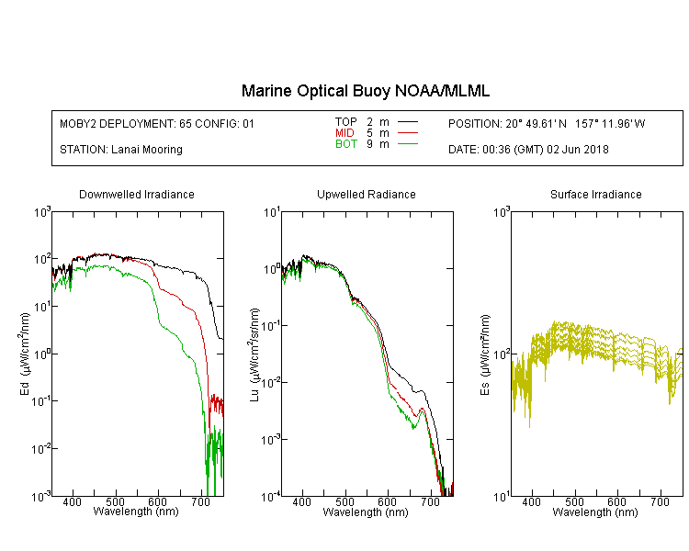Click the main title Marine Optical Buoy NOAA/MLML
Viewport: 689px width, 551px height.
pos(366,91)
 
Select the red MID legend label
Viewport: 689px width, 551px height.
pos(345,133)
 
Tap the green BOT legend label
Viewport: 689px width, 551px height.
pos(345,144)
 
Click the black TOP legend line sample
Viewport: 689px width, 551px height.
pos(407,122)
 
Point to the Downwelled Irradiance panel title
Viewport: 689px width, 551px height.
pos(136,195)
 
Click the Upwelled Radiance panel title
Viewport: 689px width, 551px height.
pos(366,195)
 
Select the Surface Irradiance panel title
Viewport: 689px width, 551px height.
pos(595,195)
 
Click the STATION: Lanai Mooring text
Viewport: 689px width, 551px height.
pos(120,150)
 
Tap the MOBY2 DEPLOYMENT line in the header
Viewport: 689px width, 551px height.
pos(157,124)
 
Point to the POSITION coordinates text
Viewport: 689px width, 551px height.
pos(547,124)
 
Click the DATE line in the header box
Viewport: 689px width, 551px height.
pos(528,150)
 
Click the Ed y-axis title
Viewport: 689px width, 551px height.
pos(25,354)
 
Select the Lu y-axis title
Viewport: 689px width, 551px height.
pos(254,354)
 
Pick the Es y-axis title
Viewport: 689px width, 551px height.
pos(484,354)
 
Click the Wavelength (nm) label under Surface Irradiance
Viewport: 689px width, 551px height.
pos(595,512)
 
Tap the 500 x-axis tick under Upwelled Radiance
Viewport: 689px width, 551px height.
pos(344,503)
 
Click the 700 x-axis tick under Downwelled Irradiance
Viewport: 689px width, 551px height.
pos(201,503)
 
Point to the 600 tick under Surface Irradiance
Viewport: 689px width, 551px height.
pos(617,503)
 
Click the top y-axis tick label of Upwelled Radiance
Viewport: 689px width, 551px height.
pos(272,212)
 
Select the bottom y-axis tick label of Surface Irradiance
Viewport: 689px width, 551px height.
pos(501,497)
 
